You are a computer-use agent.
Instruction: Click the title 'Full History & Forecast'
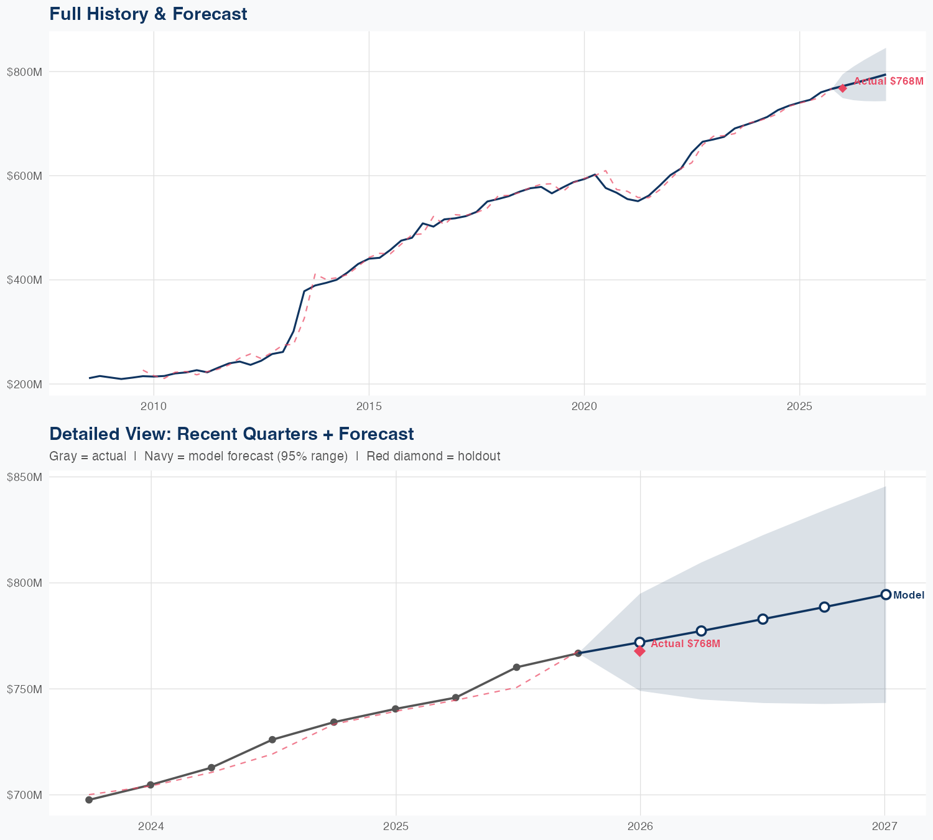coord(148,14)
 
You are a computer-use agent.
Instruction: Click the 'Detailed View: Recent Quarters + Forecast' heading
coord(231,434)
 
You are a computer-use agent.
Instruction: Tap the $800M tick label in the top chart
coord(24,72)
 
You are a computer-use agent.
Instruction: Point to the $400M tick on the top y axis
coord(24,280)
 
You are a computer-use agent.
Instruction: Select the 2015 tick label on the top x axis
coord(369,406)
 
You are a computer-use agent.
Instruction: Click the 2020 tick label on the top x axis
coord(584,406)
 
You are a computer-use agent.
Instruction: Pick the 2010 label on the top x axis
coord(154,406)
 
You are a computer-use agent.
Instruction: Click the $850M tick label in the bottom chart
coord(24,477)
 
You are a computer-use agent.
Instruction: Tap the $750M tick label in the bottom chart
coord(24,689)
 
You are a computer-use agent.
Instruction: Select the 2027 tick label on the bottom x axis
coord(884,826)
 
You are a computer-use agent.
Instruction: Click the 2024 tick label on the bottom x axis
coord(151,826)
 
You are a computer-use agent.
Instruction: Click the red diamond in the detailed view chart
coord(639,651)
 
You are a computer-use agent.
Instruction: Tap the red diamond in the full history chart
coord(842,88)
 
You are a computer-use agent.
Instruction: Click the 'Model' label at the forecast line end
coord(909,595)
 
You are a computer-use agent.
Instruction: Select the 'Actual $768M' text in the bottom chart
coord(685,643)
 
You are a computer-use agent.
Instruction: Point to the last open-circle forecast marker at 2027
coord(886,595)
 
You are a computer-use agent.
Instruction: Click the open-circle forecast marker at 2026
coord(639,642)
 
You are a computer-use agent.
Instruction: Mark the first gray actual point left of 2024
coord(89,800)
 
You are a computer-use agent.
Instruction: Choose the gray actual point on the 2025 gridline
coord(396,709)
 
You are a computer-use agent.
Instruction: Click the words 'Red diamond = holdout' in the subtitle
coord(433,456)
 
